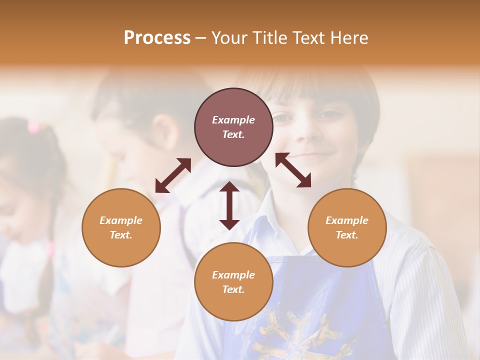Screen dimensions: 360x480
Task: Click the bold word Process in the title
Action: [x=157, y=38]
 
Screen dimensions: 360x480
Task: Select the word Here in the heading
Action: [x=350, y=38]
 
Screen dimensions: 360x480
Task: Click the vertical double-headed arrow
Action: [x=229, y=205]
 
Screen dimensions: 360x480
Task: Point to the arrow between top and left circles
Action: [x=173, y=175]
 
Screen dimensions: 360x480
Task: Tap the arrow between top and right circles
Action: [x=293, y=170]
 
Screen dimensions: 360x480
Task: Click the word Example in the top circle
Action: [x=233, y=120]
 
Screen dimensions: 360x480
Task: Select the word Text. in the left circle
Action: [x=121, y=235]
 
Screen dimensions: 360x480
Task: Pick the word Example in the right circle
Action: [x=347, y=220]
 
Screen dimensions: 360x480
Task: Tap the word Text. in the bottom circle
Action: [x=233, y=289]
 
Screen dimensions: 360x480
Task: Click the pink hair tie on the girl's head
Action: [x=34, y=127]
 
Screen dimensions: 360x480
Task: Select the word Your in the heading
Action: [x=229, y=38]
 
